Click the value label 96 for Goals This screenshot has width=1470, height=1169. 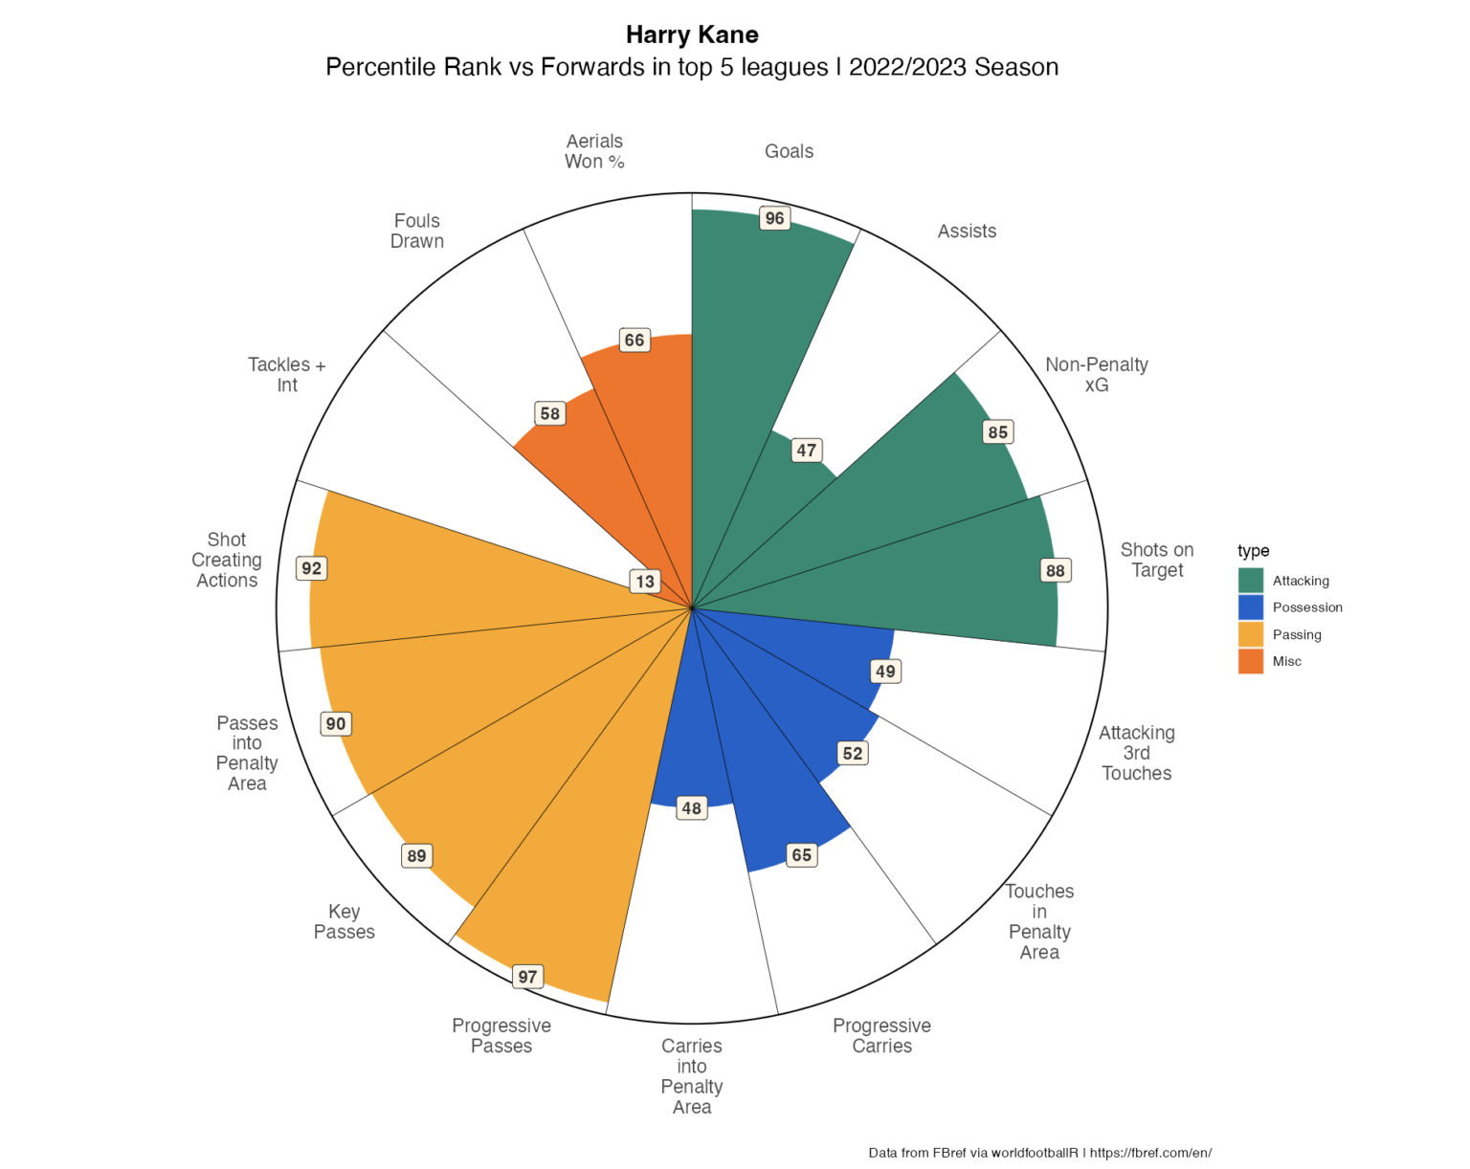click(774, 218)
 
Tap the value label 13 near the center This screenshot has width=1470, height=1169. click(645, 581)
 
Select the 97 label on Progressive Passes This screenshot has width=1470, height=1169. click(527, 977)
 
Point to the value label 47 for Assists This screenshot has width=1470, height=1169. click(807, 450)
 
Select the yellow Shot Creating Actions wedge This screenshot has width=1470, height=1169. click(431, 574)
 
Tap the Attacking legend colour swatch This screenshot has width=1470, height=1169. click(1251, 581)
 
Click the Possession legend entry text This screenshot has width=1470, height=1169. click(1307, 607)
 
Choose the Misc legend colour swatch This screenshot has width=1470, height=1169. click(1251, 661)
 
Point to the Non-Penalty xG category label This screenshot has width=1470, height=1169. click(1097, 374)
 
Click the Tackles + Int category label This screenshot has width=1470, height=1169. click(287, 374)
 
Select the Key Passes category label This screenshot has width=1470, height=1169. click(345, 921)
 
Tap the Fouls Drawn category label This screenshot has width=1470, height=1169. click(417, 231)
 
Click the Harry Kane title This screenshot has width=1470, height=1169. click(692, 34)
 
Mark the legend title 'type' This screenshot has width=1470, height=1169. click(1253, 550)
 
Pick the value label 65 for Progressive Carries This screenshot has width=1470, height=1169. click(802, 855)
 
